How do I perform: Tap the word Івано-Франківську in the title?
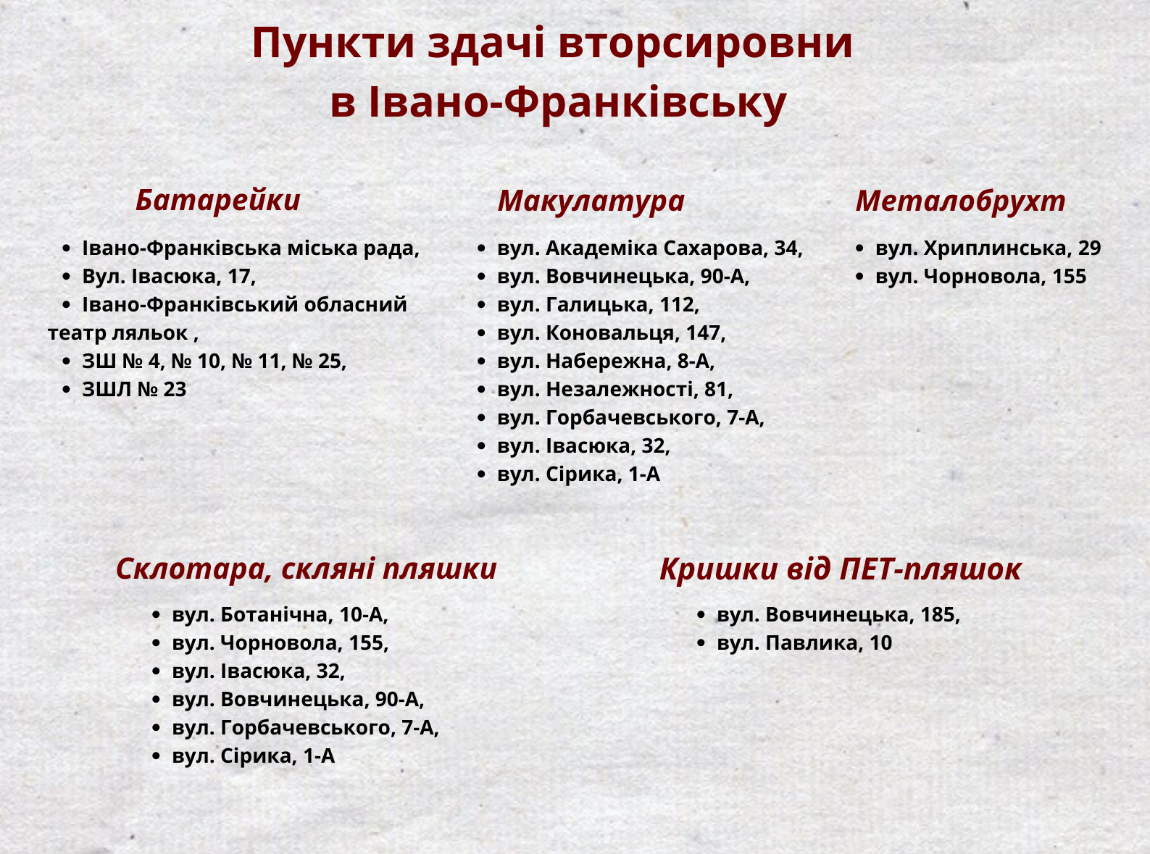tap(578, 103)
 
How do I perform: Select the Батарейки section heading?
tap(218, 200)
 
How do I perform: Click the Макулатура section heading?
tap(591, 201)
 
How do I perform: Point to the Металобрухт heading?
tap(960, 201)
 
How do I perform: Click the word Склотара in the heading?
tap(194, 569)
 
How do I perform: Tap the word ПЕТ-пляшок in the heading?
tap(930, 569)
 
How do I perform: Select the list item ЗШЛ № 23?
tap(134, 390)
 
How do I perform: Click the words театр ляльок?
tap(117, 333)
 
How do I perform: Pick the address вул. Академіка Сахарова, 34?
tap(650, 248)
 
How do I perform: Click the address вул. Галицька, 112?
tap(598, 305)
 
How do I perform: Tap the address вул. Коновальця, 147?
tap(612, 333)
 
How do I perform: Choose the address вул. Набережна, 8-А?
tap(606, 361)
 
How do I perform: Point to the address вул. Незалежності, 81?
tap(615, 390)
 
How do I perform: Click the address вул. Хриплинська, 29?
tap(988, 248)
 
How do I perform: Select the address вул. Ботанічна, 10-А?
tap(280, 615)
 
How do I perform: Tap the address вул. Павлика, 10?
tap(804, 643)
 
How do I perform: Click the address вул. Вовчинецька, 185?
tap(838, 615)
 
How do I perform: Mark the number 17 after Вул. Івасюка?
tap(240, 277)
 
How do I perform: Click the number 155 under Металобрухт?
tap(1069, 277)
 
